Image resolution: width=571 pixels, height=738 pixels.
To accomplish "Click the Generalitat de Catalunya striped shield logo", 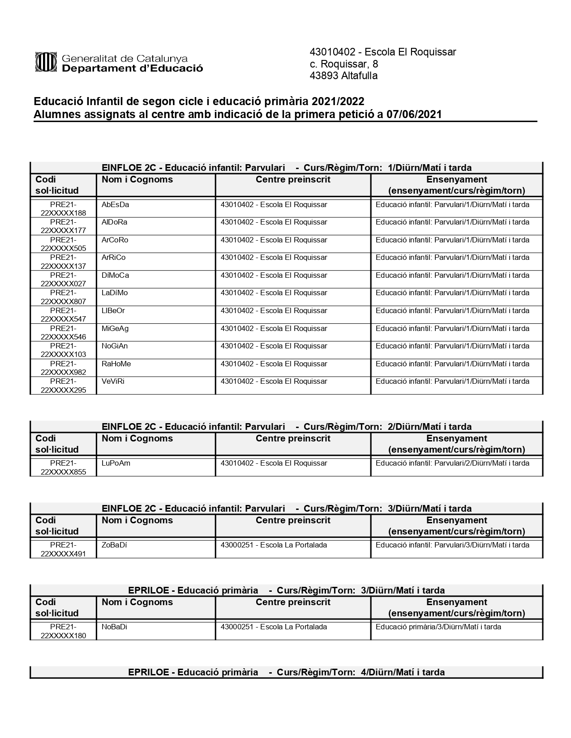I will pyautogui.click(x=46, y=62).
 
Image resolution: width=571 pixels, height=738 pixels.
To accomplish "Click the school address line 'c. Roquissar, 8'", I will pyautogui.click(x=343, y=64).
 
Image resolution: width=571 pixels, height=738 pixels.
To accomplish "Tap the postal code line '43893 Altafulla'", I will pyautogui.click(x=343, y=76).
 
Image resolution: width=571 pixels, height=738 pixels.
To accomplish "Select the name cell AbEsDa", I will pyautogui.click(x=115, y=205).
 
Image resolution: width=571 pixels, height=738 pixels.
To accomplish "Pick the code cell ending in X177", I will pyautogui.click(x=63, y=226).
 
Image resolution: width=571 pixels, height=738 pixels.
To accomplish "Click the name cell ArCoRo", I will pyautogui.click(x=115, y=240).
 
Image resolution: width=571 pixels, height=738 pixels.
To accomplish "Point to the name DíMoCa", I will pyautogui.click(x=115, y=276).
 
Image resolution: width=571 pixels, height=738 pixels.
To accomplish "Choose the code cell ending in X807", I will pyautogui.click(x=63, y=297).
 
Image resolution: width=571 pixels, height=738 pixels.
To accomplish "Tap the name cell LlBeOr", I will pyautogui.click(x=113, y=311).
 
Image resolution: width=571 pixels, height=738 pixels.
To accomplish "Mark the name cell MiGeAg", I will pyautogui.click(x=115, y=329).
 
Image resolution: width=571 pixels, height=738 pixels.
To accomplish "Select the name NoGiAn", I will pyautogui.click(x=115, y=346).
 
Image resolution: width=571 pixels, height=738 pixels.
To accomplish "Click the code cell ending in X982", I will pyautogui.click(x=63, y=368).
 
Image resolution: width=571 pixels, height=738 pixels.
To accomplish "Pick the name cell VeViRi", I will pyautogui.click(x=113, y=382).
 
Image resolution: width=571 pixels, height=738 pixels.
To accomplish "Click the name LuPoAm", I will pyautogui.click(x=116, y=463).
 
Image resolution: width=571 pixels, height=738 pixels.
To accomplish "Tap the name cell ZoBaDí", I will pyautogui.click(x=114, y=545).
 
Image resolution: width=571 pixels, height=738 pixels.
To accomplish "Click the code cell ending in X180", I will pyautogui.click(x=63, y=631).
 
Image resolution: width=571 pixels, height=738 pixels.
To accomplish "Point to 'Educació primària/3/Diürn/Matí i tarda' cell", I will pyautogui.click(x=438, y=627).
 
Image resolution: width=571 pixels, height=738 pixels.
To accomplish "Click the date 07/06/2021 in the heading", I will pyautogui.click(x=414, y=115).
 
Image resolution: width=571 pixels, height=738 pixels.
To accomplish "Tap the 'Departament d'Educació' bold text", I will pyautogui.click(x=132, y=68).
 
